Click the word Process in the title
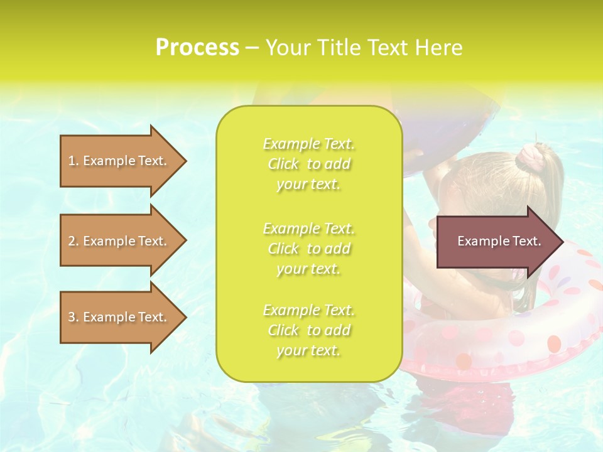[x=197, y=48]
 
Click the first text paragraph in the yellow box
[x=308, y=164]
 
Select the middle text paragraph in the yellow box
[x=308, y=249]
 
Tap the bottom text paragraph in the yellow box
[x=308, y=330]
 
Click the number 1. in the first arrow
[x=73, y=161]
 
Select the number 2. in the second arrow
[x=73, y=241]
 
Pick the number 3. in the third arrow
[x=73, y=317]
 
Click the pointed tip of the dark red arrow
[x=561, y=242]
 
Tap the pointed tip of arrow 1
[x=185, y=161]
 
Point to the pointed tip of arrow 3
[x=185, y=317]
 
